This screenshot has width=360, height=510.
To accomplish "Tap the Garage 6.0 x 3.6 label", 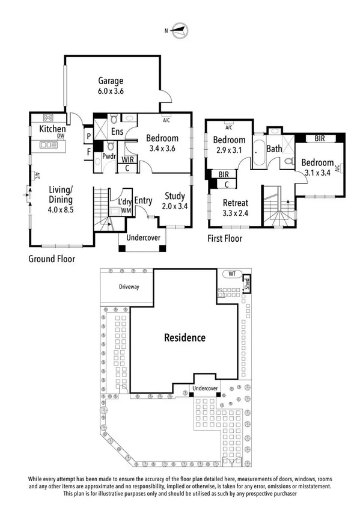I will pos(110,85).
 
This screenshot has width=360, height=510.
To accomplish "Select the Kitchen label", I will pos(52,129).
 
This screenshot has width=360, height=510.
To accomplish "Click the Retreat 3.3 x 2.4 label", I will pos(235,207).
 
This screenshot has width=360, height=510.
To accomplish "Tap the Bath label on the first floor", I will pos(274,149).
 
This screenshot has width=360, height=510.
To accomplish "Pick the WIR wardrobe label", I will pos(127,159).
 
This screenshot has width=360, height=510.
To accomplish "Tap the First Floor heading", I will pos(224,239).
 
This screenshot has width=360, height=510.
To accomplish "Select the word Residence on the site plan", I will pos(185,337).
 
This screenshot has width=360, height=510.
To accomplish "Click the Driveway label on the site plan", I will pos(129,287).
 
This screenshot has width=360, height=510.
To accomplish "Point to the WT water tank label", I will pos(232,274).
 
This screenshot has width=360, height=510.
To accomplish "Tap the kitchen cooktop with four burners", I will pos(47,118).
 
